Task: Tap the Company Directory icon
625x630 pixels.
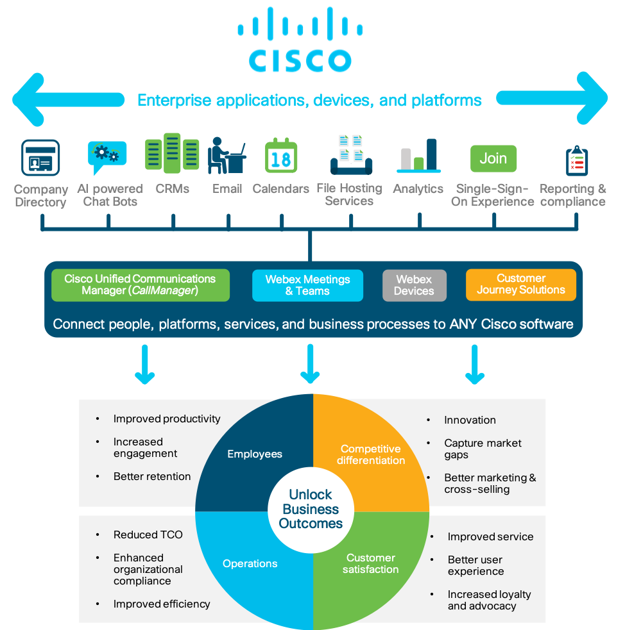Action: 40,158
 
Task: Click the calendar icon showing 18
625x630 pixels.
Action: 281,156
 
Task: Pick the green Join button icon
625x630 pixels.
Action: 493,158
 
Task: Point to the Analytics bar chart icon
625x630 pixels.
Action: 418,156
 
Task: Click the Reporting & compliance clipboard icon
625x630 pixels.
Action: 577,160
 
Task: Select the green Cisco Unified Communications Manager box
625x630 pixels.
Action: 140,285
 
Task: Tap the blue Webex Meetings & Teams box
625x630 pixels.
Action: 307,285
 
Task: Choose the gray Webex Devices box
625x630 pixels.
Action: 414,285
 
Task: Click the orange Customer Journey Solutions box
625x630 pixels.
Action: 520,285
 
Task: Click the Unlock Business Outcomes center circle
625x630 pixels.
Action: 311,510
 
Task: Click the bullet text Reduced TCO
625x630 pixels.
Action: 148,535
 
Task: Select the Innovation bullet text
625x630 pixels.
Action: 470,420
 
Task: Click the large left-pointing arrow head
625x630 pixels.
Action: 29,99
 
